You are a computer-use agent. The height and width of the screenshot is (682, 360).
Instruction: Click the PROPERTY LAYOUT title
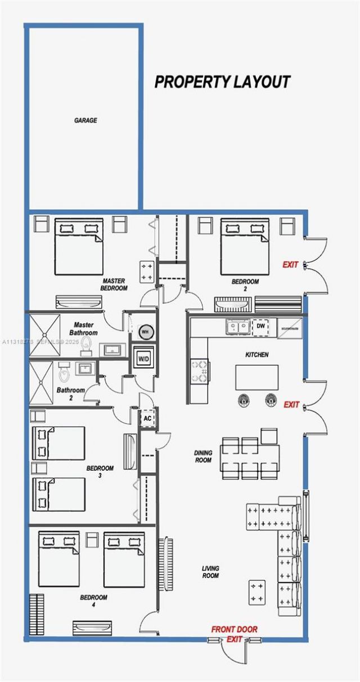222,82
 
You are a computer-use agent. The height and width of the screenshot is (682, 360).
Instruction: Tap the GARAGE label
85,120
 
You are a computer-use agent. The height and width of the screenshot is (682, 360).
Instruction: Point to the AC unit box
147,418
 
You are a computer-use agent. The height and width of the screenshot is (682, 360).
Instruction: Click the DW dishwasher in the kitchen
260,327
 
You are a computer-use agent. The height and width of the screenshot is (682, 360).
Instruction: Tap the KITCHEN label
256,355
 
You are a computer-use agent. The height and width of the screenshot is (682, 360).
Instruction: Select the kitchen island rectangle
256,377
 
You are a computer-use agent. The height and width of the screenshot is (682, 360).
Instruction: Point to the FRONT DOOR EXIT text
234,634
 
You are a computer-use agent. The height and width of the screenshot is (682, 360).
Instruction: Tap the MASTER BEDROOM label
114,284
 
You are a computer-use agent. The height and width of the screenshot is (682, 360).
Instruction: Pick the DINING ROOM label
203,456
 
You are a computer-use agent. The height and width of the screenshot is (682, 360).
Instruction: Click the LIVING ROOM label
210,572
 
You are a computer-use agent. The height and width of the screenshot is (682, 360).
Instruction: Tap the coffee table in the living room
257,592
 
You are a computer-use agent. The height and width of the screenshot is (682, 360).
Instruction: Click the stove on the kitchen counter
200,371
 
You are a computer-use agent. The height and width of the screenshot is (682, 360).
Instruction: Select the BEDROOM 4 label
93,601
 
